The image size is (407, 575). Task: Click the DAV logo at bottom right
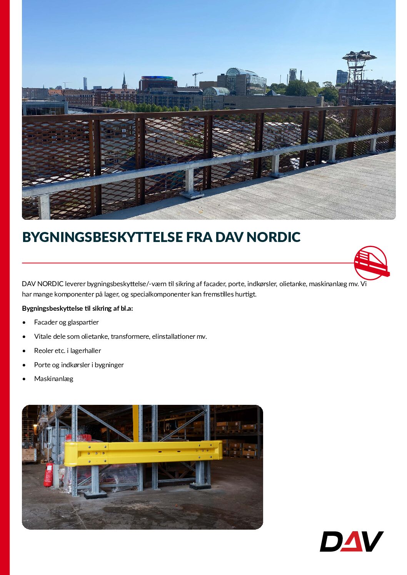[x=352, y=541]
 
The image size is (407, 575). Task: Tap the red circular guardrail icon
[x=370, y=263]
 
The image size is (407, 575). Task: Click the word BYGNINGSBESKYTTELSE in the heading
[x=102, y=237]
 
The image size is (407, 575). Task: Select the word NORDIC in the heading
[x=274, y=237]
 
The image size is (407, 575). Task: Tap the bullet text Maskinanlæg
[x=53, y=379]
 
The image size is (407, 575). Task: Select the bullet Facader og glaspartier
[x=66, y=322]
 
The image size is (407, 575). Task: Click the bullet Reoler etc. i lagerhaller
[x=67, y=351]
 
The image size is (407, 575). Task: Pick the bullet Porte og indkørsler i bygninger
[x=79, y=365]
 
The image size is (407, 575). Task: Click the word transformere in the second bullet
[x=130, y=336]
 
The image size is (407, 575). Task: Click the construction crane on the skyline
[x=197, y=78]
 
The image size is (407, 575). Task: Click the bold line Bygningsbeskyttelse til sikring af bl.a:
[x=77, y=308]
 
